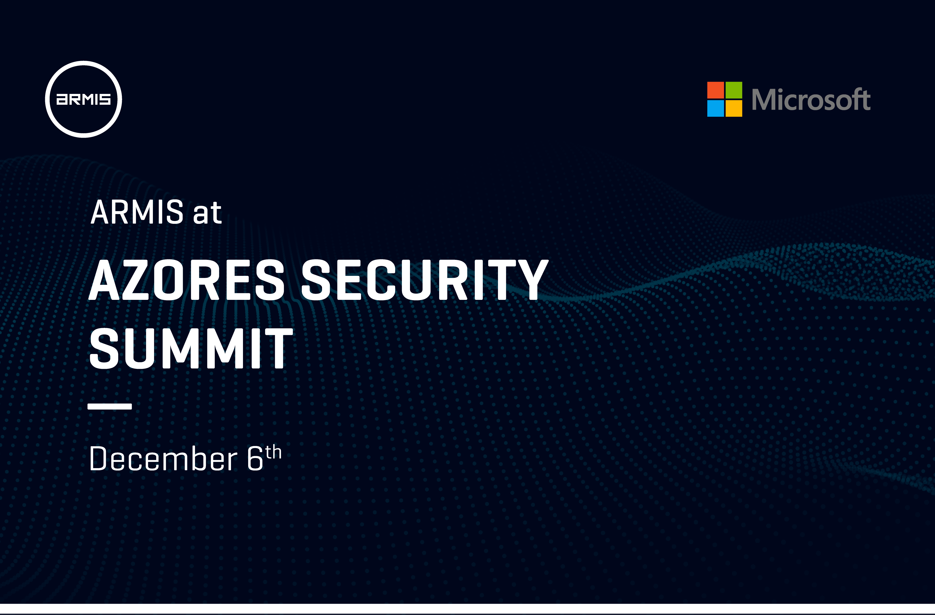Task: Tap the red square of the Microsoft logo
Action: [715, 90]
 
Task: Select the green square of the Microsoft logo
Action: [733, 90]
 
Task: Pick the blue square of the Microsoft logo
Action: [715, 109]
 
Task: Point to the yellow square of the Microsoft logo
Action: [733, 109]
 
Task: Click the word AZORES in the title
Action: [187, 280]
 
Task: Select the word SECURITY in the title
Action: [425, 280]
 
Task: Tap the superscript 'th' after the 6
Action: [273, 452]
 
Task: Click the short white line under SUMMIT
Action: [110, 406]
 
